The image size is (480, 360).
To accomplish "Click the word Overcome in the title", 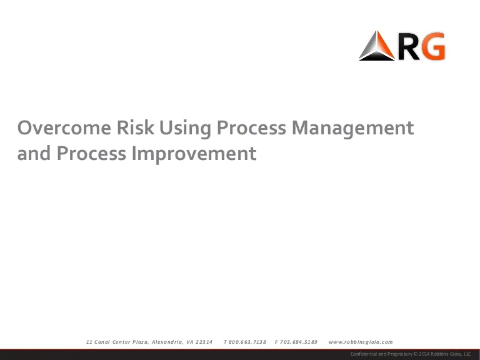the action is pyautogui.click(x=64, y=127).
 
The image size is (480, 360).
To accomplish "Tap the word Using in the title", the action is pyautogui.click(x=185, y=129).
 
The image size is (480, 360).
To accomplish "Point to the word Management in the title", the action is pyautogui.click(x=352, y=129).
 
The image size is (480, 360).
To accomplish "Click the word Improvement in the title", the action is pyautogui.click(x=194, y=154).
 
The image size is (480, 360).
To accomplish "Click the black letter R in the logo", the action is pyautogui.click(x=409, y=46).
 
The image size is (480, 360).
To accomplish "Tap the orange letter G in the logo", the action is pyautogui.click(x=432, y=46).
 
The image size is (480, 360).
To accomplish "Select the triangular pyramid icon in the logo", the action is pyautogui.click(x=376, y=46).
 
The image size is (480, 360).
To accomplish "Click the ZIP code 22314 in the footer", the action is pyautogui.click(x=204, y=342).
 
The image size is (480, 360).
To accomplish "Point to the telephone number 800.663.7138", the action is pyautogui.click(x=247, y=342).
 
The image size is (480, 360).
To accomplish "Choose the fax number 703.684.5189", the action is pyautogui.click(x=299, y=342).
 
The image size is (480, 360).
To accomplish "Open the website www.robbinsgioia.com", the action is pyautogui.click(x=361, y=342).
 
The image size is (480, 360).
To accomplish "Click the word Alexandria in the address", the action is pyautogui.click(x=167, y=342).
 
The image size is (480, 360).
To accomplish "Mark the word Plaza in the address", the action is pyautogui.click(x=140, y=342).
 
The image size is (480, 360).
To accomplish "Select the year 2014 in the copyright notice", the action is pyautogui.click(x=424, y=354).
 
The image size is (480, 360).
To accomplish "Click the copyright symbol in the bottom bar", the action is pyautogui.click(x=416, y=354).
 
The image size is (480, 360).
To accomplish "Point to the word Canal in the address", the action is pyautogui.click(x=102, y=342).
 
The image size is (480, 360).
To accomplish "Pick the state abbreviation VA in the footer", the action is pyautogui.click(x=190, y=342).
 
